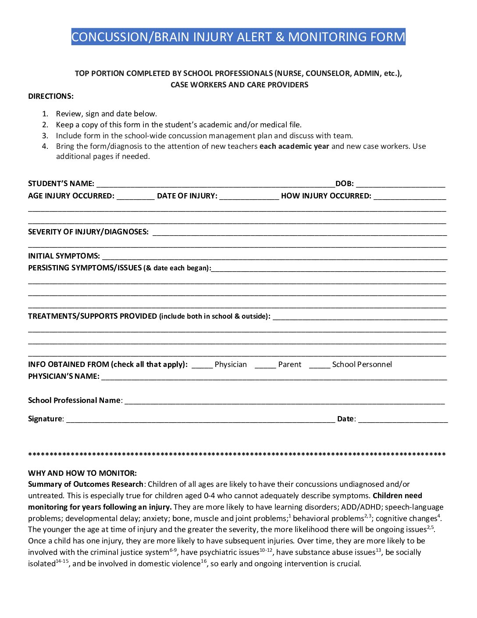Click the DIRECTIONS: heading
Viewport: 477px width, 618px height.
(51, 96)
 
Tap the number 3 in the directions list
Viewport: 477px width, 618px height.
(45, 136)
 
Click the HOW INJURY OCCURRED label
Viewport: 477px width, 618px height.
(326, 196)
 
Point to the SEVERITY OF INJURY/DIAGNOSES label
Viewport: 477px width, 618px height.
(88, 232)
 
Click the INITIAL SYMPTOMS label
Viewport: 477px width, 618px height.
(64, 256)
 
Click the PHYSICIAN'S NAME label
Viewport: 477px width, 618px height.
(64, 376)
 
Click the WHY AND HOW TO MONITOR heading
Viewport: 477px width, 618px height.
(82, 473)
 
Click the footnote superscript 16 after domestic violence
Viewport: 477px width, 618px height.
(203, 561)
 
